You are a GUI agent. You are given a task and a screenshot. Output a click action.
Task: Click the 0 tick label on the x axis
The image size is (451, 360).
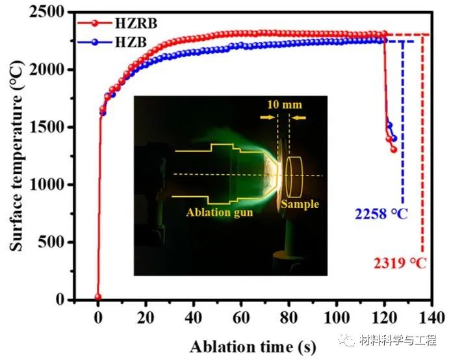(98, 318)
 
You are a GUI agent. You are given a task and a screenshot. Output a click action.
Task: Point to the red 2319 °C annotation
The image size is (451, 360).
(400, 263)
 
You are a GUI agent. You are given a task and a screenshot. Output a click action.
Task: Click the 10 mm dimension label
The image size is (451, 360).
(284, 105)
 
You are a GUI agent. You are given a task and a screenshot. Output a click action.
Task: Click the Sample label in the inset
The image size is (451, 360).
(300, 204)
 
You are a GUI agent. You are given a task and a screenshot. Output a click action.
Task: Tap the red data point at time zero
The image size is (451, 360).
(98, 297)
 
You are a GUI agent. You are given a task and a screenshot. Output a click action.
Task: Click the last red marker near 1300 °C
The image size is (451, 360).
(393, 149)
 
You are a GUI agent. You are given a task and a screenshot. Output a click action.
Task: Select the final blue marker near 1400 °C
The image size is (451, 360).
(394, 138)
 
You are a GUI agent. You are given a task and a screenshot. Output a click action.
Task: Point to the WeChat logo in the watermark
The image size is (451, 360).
(350, 339)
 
